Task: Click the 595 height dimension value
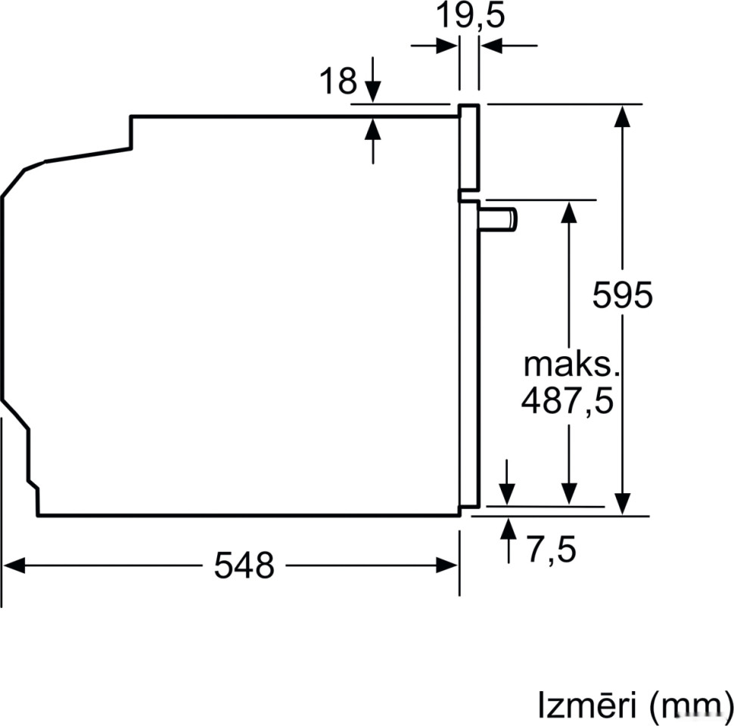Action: tap(621, 295)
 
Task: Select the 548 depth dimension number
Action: tap(243, 565)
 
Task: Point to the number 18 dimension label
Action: tap(337, 81)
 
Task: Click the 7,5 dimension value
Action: tap(551, 549)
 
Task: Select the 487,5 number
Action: tap(566, 401)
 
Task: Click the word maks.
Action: tap(571, 365)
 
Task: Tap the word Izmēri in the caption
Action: tap(586, 704)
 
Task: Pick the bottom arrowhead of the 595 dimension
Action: tap(622, 504)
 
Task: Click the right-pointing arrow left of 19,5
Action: tap(447, 46)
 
